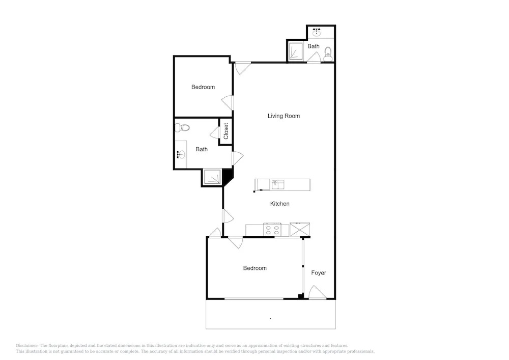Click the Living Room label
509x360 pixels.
(x=284, y=116)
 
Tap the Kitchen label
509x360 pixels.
(x=280, y=204)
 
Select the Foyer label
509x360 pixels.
(x=319, y=273)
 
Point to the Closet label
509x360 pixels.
(x=226, y=131)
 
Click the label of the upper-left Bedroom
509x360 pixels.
(x=203, y=87)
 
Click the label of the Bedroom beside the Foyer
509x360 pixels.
(x=255, y=268)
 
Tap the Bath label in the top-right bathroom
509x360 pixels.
(x=314, y=46)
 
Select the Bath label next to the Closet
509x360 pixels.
(x=202, y=149)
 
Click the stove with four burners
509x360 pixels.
(x=272, y=230)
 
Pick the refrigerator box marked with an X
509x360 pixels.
(x=300, y=229)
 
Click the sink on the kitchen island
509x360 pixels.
(x=278, y=185)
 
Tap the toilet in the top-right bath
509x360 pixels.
(x=328, y=54)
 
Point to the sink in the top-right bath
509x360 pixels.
(x=317, y=33)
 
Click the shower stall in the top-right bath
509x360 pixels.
(x=296, y=51)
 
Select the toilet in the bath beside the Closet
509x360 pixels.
(x=182, y=128)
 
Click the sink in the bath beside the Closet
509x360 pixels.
(x=181, y=154)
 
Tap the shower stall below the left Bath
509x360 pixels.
(x=212, y=177)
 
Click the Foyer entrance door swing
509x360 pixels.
(x=317, y=292)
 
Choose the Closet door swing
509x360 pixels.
(x=215, y=132)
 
